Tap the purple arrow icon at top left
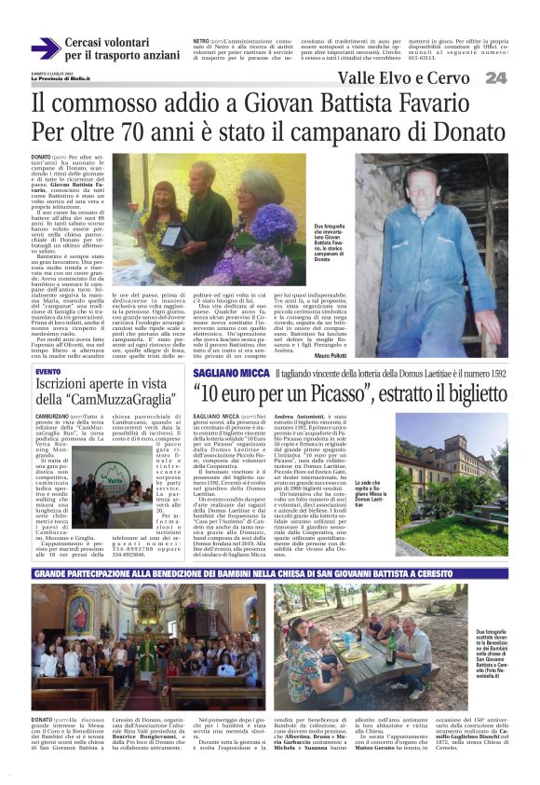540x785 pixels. pos(45,48)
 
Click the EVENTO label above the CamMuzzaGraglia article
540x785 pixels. pos(48,372)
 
